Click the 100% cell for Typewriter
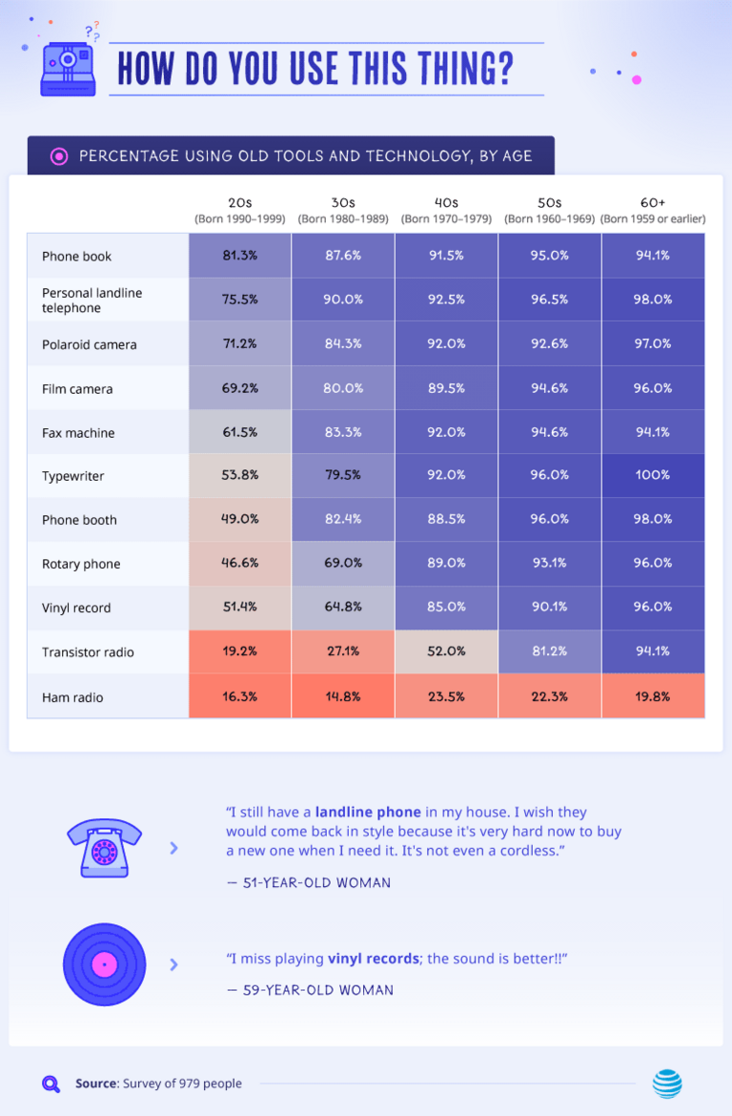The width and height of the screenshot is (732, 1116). pyautogui.click(x=653, y=475)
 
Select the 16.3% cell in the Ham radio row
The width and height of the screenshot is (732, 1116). pyautogui.click(x=240, y=696)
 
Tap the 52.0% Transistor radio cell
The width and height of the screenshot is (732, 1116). pyautogui.click(x=446, y=651)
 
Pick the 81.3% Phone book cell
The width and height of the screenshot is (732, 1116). pyautogui.click(x=240, y=256)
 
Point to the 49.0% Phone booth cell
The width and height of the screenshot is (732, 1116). pyautogui.click(x=240, y=519)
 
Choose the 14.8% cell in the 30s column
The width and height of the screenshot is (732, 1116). pyautogui.click(x=343, y=696)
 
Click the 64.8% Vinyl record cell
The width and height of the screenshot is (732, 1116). pyautogui.click(x=343, y=607)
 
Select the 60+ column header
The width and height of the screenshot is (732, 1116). pyautogui.click(x=653, y=210)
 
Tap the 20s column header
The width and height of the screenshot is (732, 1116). pyautogui.click(x=240, y=210)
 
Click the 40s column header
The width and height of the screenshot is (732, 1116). pyautogui.click(x=446, y=210)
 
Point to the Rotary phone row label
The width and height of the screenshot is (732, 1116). pyautogui.click(x=81, y=564)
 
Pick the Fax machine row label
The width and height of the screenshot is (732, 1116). pyautogui.click(x=78, y=433)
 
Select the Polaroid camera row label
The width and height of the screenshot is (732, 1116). pyautogui.click(x=89, y=344)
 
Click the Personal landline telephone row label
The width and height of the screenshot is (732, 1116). pyautogui.click(x=91, y=300)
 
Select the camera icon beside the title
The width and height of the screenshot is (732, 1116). pyautogui.click(x=70, y=67)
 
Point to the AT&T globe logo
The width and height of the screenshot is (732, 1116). pyautogui.click(x=667, y=1084)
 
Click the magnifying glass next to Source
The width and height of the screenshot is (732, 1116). pyautogui.click(x=51, y=1084)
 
